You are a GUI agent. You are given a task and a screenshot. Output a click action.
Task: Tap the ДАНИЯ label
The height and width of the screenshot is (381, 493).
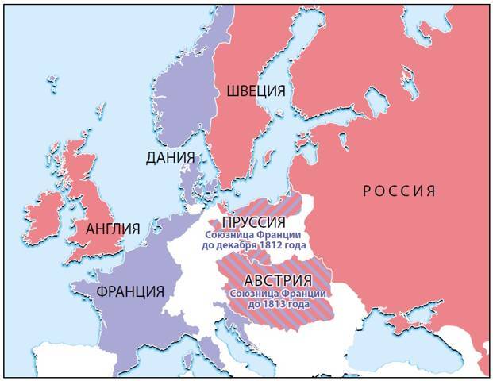tap(170, 157)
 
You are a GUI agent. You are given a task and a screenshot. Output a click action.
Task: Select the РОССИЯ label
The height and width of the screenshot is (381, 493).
tap(399, 190)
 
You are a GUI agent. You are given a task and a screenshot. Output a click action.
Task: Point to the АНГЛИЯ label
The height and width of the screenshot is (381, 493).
tap(113, 229)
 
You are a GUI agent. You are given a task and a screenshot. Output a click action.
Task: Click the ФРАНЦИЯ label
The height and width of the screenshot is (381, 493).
tap(130, 291)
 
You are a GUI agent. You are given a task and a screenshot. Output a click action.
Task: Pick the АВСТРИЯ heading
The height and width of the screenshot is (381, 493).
tap(276, 281)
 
